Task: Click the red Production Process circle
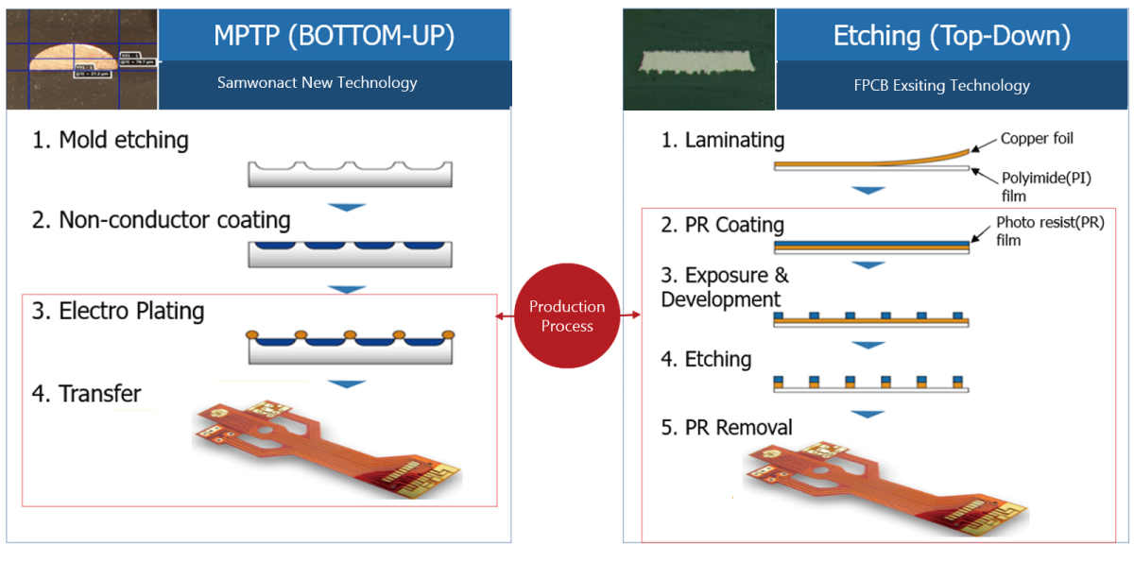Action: (567, 316)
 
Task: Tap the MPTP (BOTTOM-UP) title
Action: (335, 36)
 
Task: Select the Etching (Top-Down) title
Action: (952, 36)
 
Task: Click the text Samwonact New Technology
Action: (317, 82)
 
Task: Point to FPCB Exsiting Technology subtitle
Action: (941, 85)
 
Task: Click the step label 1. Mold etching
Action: (111, 141)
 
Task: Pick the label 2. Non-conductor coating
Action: (162, 220)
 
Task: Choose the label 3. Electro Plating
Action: (118, 310)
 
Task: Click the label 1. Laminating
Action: (723, 141)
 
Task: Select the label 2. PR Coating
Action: (723, 225)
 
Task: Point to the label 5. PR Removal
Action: (727, 428)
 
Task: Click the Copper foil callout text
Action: (1037, 140)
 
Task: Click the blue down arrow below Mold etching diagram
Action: (350, 206)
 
